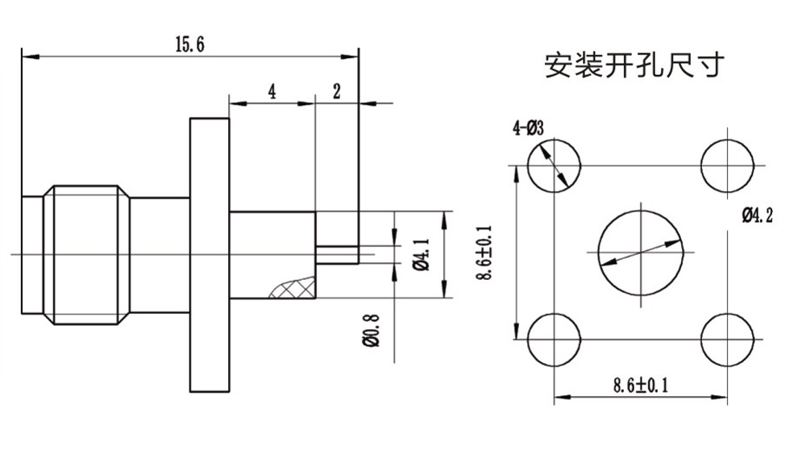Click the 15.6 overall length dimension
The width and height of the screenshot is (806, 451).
(189, 44)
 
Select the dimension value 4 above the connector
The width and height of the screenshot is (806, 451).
(272, 91)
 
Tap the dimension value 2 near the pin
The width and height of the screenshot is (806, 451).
(336, 91)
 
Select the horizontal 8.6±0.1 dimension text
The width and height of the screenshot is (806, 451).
(641, 385)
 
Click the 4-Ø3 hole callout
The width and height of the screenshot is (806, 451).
(529, 128)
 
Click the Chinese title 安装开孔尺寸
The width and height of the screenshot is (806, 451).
(634, 65)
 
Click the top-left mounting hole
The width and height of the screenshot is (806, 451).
(554, 165)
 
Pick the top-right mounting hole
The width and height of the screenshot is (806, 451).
(728, 165)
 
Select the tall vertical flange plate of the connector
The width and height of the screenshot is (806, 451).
(210, 254)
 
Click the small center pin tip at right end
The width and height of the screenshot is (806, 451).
(338, 254)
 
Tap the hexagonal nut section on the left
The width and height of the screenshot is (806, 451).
(87, 254)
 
